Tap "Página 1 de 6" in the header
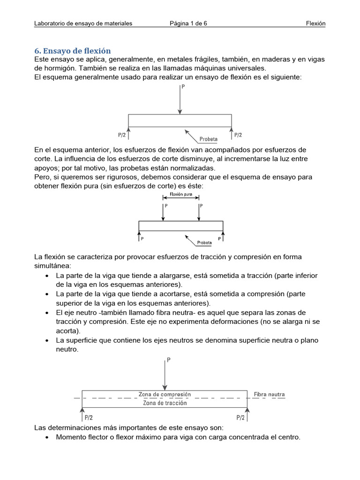click(188, 23)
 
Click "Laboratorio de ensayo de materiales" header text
click(83, 23)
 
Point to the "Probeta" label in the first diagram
click(209, 139)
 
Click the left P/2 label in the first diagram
click(122, 135)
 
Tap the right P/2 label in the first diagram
click(238, 135)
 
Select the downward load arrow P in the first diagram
click(180, 101)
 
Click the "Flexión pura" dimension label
click(181, 194)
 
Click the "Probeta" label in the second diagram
click(204, 243)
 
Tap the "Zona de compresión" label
click(165, 394)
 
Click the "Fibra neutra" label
click(269, 394)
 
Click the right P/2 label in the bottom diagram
click(241, 417)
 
